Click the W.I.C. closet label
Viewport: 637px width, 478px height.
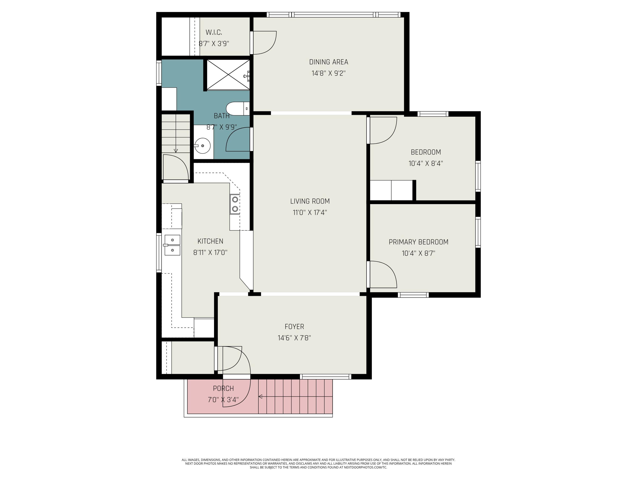coord(214,32)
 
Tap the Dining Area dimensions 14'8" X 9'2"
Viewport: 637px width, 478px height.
coord(328,73)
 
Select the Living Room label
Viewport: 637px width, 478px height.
coord(310,201)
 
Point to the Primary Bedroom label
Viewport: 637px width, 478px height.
coord(419,242)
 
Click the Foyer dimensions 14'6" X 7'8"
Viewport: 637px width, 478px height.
coord(294,338)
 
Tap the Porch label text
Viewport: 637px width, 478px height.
coord(223,388)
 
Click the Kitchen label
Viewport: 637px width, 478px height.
coord(210,241)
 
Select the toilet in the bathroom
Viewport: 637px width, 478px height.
coord(238,109)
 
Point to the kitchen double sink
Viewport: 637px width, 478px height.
coord(172,245)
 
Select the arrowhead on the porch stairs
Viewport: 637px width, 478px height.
coord(260,397)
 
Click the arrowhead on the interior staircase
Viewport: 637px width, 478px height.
coord(176,150)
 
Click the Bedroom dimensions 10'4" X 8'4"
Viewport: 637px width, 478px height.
coord(426,163)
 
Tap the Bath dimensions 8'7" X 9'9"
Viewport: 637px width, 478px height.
coord(221,127)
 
